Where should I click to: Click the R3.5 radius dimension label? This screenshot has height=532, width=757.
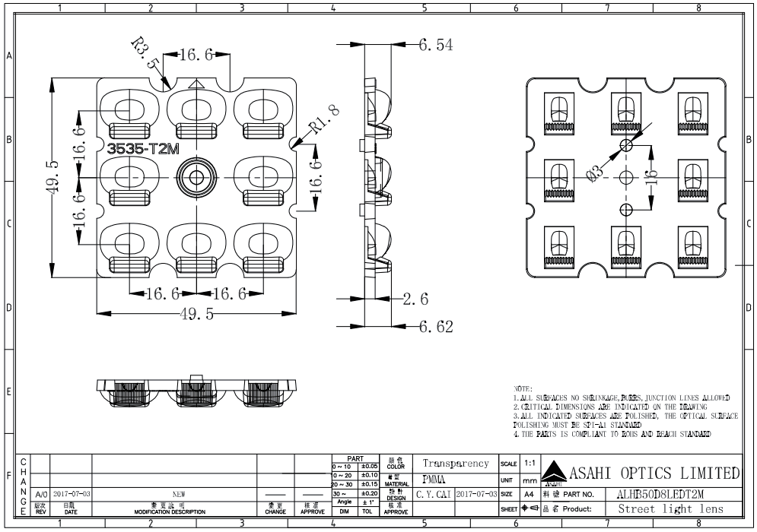pos(144,54)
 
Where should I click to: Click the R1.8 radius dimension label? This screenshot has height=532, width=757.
pos(323,122)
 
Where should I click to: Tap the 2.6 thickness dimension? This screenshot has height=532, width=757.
pos(417,299)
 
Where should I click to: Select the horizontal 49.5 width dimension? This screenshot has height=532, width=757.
pos(196,315)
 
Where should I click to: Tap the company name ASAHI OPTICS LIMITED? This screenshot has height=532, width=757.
pos(651,474)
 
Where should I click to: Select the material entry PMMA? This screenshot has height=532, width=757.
pos(434,479)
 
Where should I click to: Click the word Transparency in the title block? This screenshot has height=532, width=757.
pos(455,463)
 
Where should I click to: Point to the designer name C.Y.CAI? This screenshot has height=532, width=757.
pos(434,495)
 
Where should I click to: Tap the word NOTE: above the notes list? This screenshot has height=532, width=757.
pos(523,388)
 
